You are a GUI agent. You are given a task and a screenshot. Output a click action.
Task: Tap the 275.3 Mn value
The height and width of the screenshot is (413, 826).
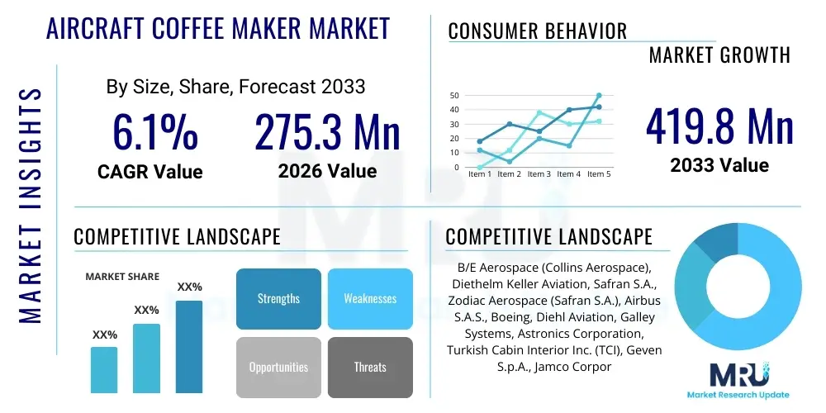pyautogui.click(x=327, y=131)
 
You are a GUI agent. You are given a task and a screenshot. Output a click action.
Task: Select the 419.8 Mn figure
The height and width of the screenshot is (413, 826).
pyautogui.click(x=719, y=126)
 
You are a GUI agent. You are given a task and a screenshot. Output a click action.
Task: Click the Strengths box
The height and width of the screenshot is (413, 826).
pyautogui.click(x=278, y=298)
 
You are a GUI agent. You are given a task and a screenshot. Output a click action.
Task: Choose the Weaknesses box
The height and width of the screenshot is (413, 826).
pyautogui.click(x=370, y=298)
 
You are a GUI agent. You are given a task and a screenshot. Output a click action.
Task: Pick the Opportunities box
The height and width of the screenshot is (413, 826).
pyautogui.click(x=278, y=367)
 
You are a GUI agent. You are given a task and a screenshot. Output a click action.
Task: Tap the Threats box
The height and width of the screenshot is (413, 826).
pyautogui.click(x=370, y=367)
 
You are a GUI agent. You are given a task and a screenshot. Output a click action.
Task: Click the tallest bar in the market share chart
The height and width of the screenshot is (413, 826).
pyautogui.click(x=189, y=346)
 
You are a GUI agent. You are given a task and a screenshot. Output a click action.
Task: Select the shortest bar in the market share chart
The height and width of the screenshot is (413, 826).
pyautogui.click(x=104, y=369)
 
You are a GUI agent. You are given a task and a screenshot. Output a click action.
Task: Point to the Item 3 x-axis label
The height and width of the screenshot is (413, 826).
pyautogui.click(x=539, y=174)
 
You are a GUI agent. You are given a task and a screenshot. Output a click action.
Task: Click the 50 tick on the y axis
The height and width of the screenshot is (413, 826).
pyautogui.click(x=454, y=96)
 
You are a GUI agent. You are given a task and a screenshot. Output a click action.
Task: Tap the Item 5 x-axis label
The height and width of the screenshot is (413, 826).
pyautogui.click(x=599, y=174)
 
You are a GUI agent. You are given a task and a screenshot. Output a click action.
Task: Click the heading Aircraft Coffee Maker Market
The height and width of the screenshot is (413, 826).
pyautogui.click(x=218, y=28)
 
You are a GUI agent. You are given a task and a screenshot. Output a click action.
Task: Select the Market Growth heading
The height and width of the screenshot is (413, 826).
pyautogui.click(x=719, y=55)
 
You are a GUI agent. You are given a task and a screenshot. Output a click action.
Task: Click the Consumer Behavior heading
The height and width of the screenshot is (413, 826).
pyautogui.click(x=538, y=31)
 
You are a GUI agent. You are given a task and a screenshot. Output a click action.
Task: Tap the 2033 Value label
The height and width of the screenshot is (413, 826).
pyautogui.click(x=719, y=165)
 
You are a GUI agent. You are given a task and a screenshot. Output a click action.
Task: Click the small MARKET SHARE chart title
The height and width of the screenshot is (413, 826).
pyautogui.click(x=122, y=277)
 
